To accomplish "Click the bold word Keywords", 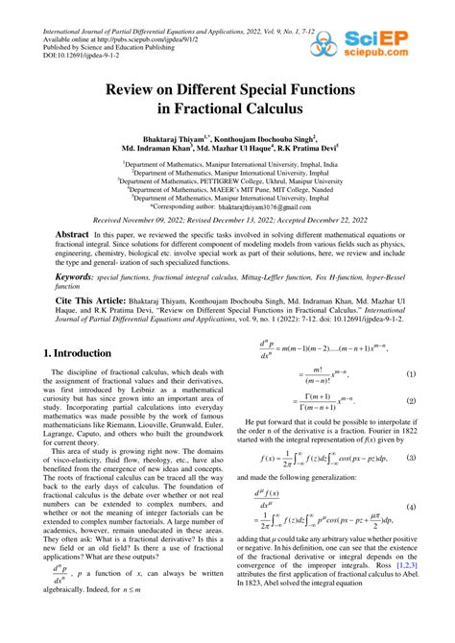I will pos(53,275).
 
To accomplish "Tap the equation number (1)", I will pos(410,374).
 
